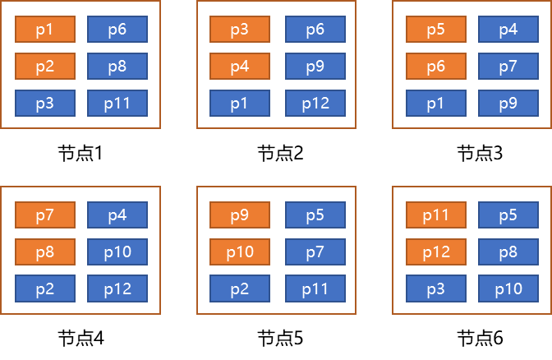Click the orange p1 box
coord(45,30)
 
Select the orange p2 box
coord(45,67)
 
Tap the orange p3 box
coord(240,30)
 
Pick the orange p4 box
coord(240,67)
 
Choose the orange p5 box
coord(436,30)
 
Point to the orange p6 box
coord(436,67)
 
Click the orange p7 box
coord(45,215)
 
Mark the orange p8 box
coord(45,252)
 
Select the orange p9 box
coord(240,215)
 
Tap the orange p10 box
coord(240,252)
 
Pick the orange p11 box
coord(436,215)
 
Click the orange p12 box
coord(436,252)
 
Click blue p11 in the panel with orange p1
coord(117,104)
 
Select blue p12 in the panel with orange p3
coord(315,104)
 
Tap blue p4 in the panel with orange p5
coord(508,30)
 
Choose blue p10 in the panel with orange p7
coord(117,252)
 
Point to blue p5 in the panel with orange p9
coord(315,215)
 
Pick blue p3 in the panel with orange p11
coord(436,289)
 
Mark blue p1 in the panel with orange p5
coord(436,104)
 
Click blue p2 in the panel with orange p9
coord(240,289)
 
